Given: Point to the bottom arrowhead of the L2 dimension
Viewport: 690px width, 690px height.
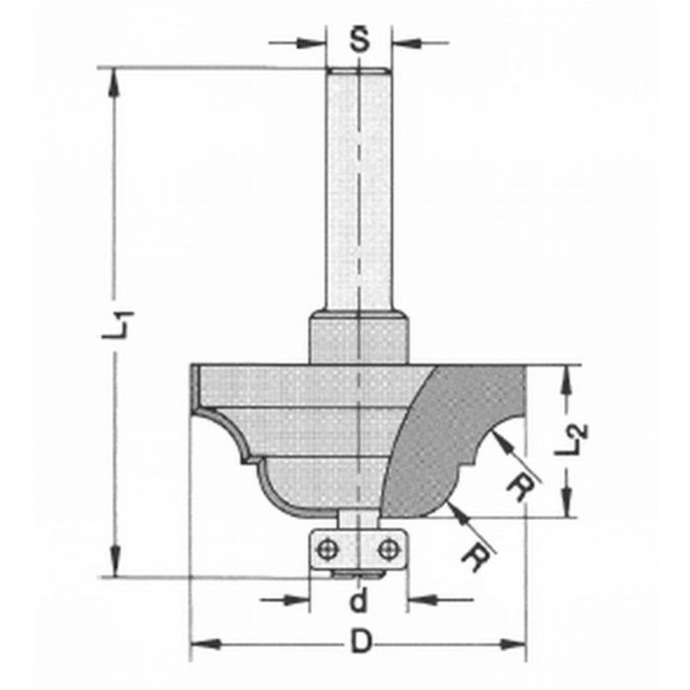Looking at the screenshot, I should tap(565, 507).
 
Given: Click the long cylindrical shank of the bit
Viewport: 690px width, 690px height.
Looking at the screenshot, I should tap(358, 187).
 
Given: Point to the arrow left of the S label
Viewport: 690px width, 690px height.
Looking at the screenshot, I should tap(306, 42).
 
